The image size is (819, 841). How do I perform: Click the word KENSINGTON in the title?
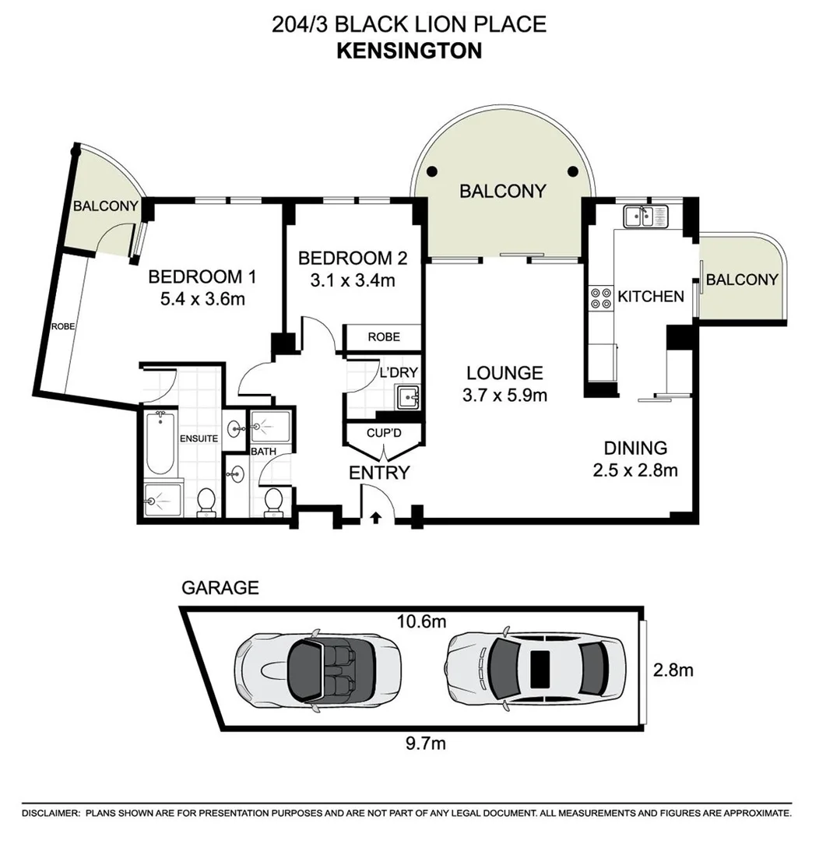coord(409,51)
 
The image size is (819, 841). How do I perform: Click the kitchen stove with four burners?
coord(601,299)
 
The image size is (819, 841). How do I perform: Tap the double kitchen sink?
coord(642,215)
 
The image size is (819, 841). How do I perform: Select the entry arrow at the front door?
coord(376,516)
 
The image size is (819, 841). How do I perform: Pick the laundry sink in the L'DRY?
coord(407,397)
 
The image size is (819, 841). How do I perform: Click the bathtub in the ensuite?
coord(160,443)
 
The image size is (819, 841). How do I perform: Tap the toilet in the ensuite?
coord(206,502)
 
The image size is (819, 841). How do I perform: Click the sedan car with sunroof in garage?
coord(536,668)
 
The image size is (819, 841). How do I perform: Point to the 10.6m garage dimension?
coord(424,622)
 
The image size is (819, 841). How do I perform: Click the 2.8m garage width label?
coord(673,669)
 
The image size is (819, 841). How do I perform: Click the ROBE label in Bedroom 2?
coord(384,337)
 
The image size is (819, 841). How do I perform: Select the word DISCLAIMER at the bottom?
coord(51,813)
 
